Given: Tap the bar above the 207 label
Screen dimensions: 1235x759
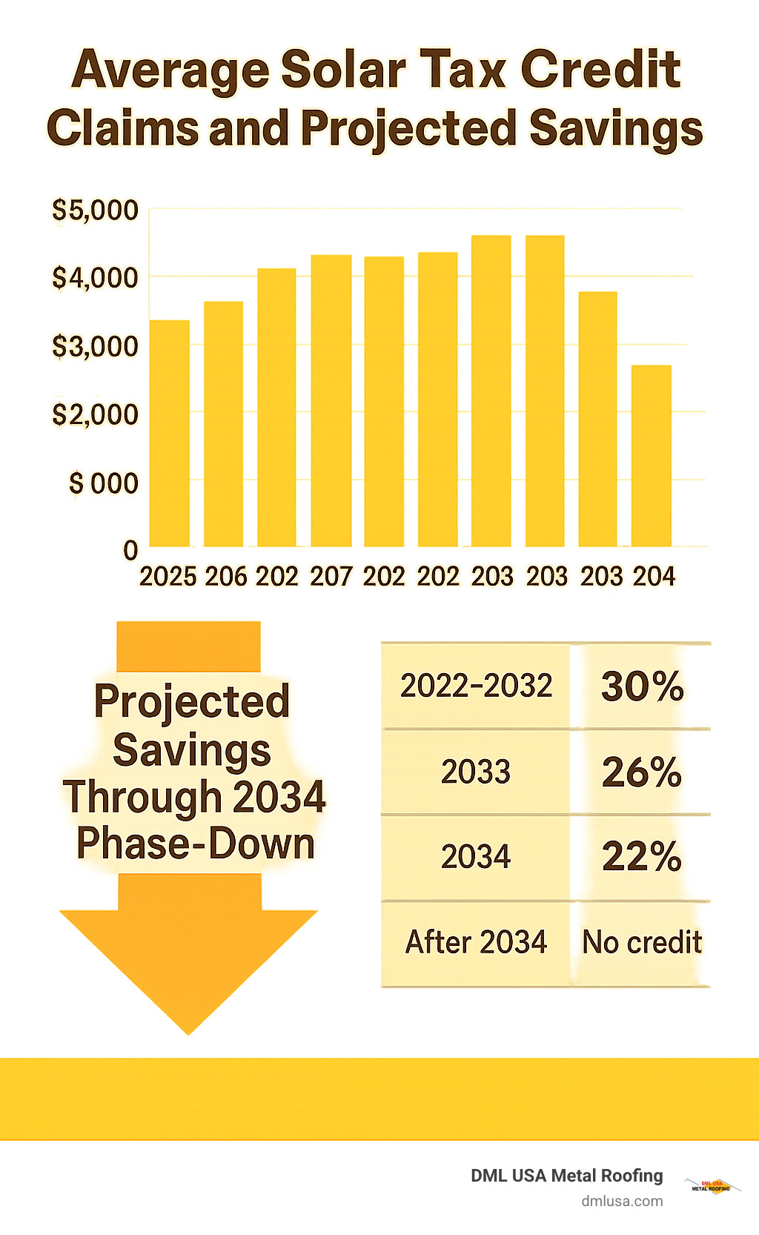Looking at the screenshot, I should point(331,401).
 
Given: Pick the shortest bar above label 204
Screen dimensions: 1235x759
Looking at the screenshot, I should point(651,456).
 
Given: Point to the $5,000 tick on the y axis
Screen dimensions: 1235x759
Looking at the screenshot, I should point(95,210).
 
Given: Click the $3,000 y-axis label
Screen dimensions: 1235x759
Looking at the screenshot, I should point(95,346).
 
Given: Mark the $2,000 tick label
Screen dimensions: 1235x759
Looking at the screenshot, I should point(95,414).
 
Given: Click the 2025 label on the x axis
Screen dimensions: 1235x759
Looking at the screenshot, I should point(168,577).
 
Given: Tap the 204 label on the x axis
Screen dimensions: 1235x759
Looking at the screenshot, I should point(653,577).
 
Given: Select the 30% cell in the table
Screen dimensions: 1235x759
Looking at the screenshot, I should point(642,686).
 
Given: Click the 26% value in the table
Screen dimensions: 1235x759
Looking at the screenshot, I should point(642,772).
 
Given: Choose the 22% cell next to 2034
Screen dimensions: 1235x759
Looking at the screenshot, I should point(642,857).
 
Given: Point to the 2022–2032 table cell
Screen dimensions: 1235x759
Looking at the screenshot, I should point(476,686).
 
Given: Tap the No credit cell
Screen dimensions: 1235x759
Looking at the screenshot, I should point(642,942).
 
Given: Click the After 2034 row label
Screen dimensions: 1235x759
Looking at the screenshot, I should point(476,942).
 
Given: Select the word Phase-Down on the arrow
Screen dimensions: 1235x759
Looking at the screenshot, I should point(196,844).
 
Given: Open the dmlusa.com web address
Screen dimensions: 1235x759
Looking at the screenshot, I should point(622,1201).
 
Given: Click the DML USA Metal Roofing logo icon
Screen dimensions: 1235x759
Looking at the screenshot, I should point(712,1186).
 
